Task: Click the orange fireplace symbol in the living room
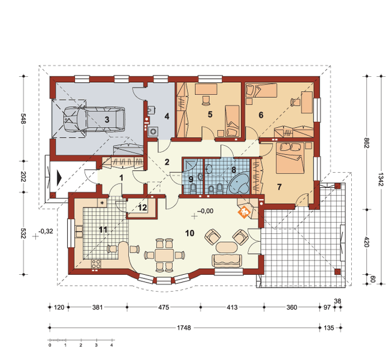[x=244, y=211]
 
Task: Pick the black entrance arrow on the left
[x=58, y=178]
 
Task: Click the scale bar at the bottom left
[x=81, y=342]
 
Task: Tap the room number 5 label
[x=210, y=113]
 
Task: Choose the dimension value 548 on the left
[x=23, y=119]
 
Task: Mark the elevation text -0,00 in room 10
[x=205, y=211]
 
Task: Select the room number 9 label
[x=191, y=178]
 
